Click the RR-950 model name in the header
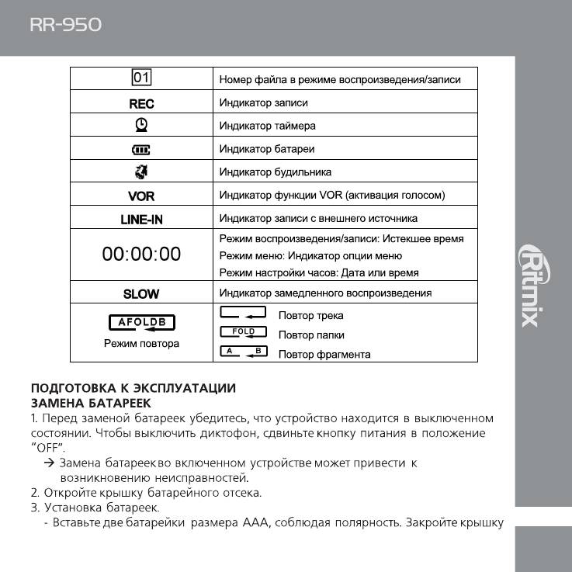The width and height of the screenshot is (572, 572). click(65, 25)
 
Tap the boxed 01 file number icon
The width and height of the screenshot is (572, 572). click(141, 78)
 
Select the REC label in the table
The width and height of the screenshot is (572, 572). click(141, 103)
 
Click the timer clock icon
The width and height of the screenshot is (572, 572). click(141, 125)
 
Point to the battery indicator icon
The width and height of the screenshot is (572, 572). click(141, 148)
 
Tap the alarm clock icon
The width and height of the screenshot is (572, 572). click(141, 172)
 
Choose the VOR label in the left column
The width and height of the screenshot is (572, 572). click(141, 196)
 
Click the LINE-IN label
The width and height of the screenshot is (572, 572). click(141, 219)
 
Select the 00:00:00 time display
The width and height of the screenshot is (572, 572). click(141, 254)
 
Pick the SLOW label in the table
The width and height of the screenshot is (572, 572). click(141, 293)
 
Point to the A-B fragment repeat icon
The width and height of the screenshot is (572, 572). click(244, 352)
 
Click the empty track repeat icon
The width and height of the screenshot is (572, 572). click(244, 314)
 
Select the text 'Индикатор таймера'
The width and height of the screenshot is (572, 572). click(267, 126)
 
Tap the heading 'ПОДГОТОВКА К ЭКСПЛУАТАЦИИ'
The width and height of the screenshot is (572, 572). click(133, 388)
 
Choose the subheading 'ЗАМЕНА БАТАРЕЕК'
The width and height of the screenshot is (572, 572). click(91, 403)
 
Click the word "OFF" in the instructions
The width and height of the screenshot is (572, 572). click(48, 449)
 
